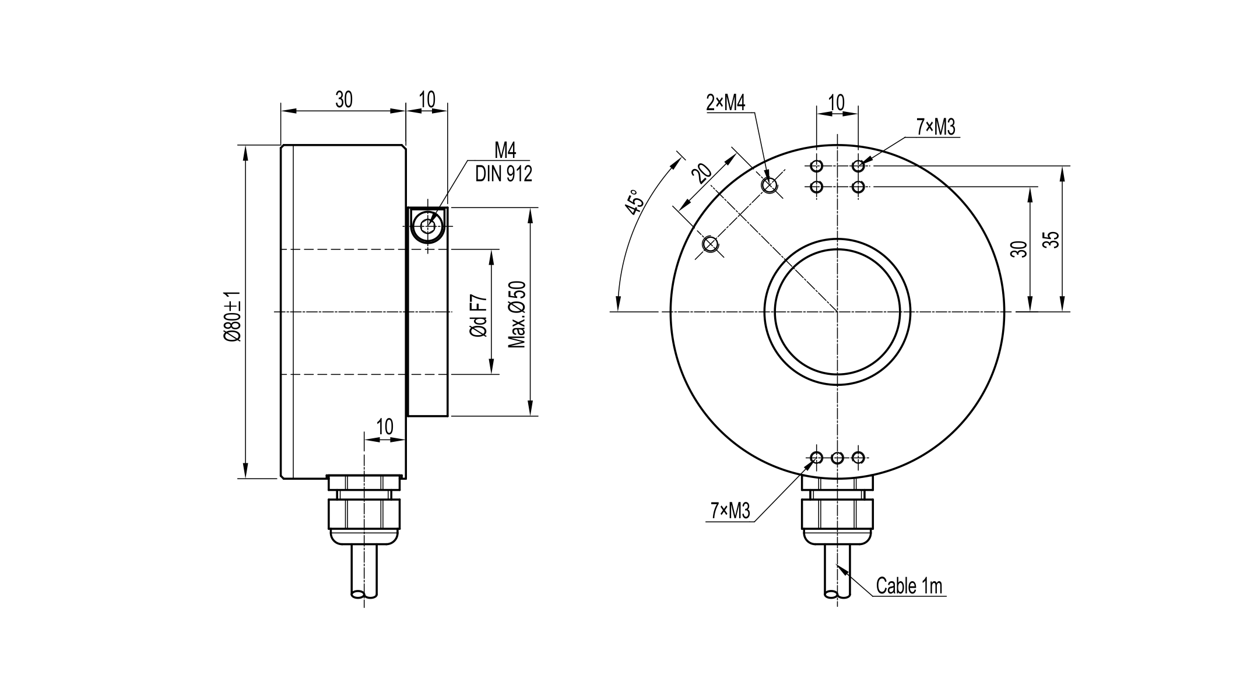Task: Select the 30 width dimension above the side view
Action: click(344, 100)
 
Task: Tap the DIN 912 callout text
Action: click(504, 174)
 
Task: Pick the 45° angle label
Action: click(635, 202)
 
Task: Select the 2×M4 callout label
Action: click(726, 103)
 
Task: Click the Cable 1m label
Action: click(909, 586)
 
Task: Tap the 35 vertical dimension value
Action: click(1051, 240)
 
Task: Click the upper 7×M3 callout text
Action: click(936, 127)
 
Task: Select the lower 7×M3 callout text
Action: click(730, 511)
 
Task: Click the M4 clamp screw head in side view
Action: click(428, 226)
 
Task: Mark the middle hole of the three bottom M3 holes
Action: click(837, 458)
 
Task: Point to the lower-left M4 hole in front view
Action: click(710, 244)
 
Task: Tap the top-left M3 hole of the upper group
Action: click(817, 166)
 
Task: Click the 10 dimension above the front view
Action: click(837, 103)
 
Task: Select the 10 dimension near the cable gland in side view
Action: click(385, 427)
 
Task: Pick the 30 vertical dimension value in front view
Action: click(1018, 249)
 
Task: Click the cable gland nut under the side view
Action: click(364, 513)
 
